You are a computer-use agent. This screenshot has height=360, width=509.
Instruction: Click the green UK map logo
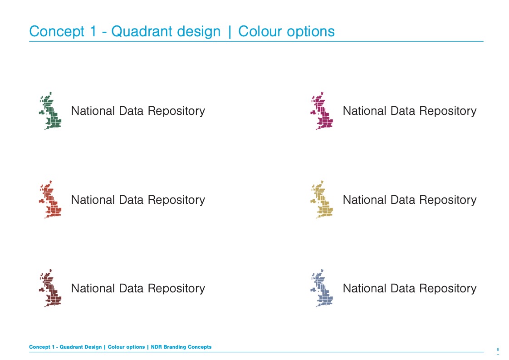pyautogui.click(x=51, y=111)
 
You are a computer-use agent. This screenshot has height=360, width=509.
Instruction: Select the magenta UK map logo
pyautogui.click(x=323, y=111)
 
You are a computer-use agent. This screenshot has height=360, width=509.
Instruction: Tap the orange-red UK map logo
pyautogui.click(x=51, y=200)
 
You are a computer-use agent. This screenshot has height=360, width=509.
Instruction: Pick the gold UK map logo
pyautogui.click(x=323, y=200)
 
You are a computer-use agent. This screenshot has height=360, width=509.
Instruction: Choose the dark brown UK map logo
pyautogui.click(x=51, y=289)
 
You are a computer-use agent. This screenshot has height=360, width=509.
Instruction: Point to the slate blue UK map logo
pyautogui.click(x=323, y=289)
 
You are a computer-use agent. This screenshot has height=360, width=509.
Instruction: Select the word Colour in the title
pyautogui.click(x=260, y=32)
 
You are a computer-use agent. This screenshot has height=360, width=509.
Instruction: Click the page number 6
pyautogui.click(x=498, y=349)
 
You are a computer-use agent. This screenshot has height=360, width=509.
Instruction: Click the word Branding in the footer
pyautogui.click(x=175, y=347)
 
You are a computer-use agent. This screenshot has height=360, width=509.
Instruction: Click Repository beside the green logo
pyautogui.click(x=176, y=111)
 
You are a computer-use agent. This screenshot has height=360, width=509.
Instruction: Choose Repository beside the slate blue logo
pyautogui.click(x=448, y=289)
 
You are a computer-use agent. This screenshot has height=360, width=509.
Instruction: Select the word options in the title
pyautogui.click(x=313, y=32)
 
